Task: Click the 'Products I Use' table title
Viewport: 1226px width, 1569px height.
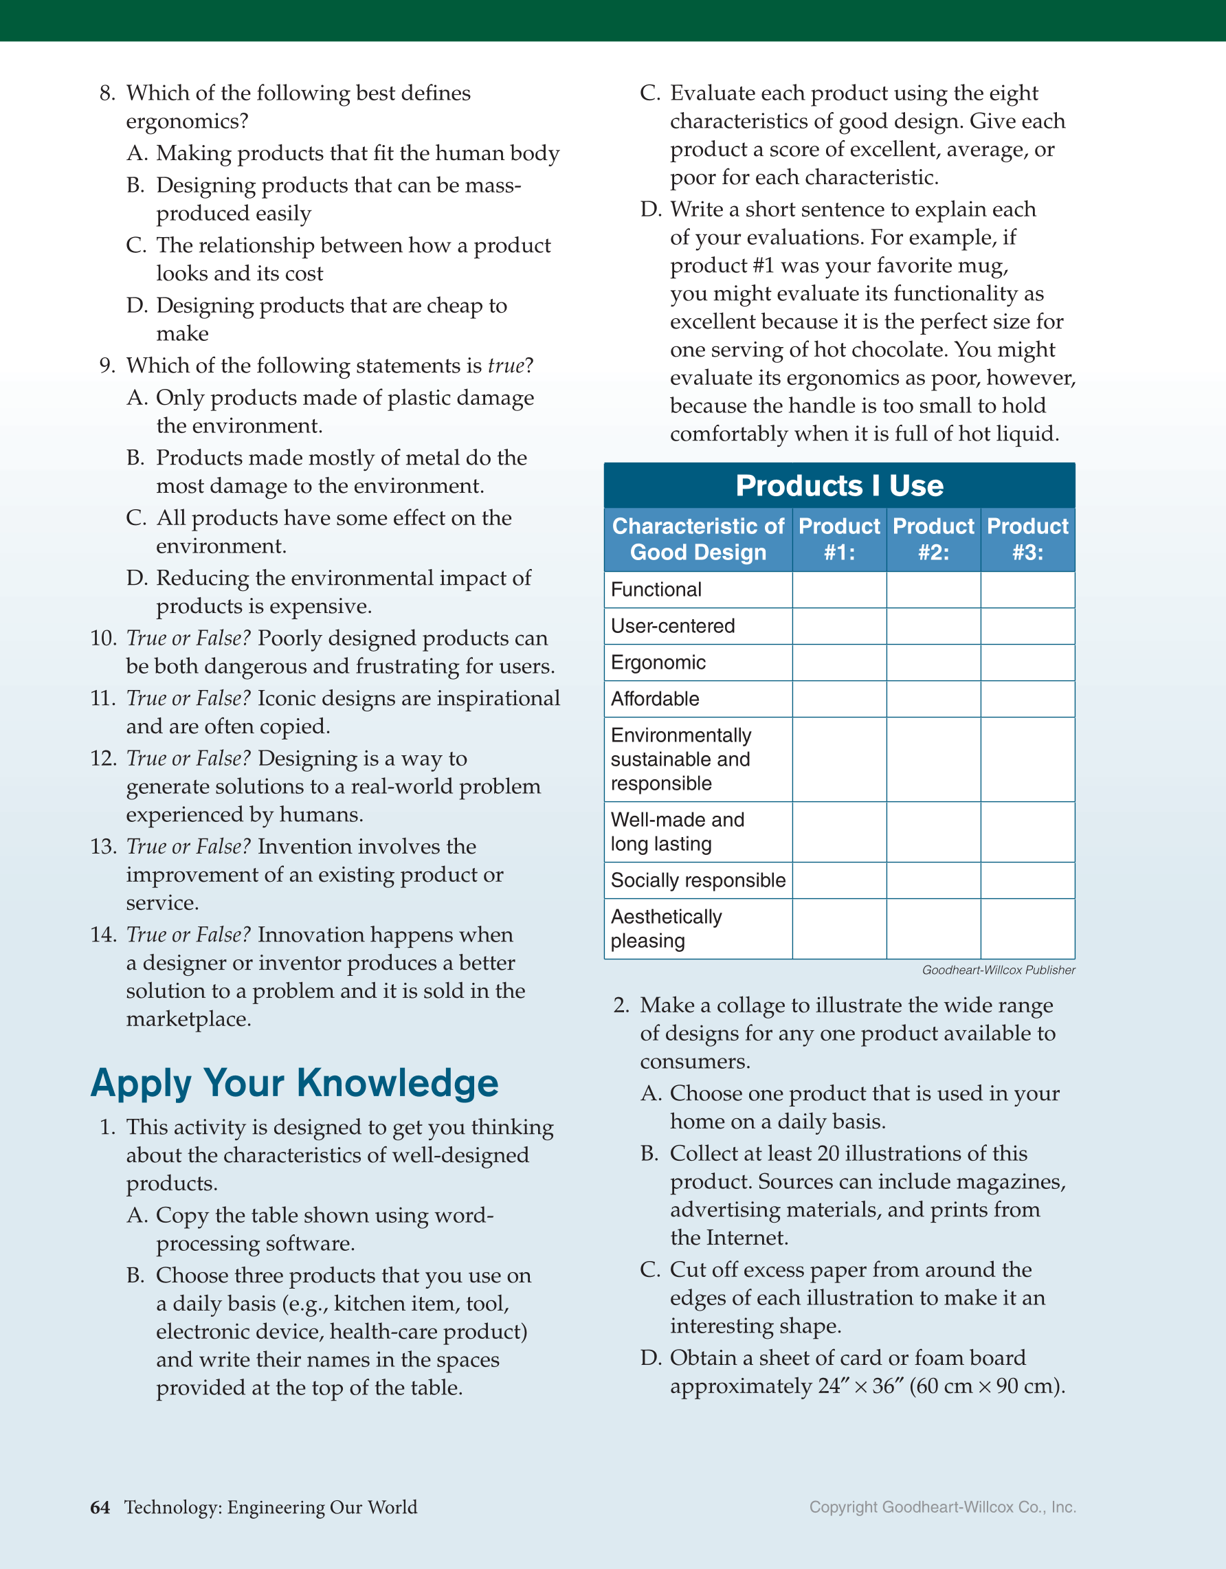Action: pos(839,486)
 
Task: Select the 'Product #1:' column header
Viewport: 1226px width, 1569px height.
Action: pos(839,539)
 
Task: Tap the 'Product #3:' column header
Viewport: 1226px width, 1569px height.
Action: pos(1027,539)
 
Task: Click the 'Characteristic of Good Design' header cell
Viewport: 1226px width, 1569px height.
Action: pos(698,539)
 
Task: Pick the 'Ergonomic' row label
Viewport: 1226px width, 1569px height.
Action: pos(658,663)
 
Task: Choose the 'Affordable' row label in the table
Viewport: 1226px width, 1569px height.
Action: pos(654,699)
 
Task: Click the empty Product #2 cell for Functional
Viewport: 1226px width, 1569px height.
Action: pos(933,590)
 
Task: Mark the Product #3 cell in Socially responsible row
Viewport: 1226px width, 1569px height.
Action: pos(1027,880)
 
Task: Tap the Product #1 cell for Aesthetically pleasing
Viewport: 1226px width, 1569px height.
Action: pos(839,928)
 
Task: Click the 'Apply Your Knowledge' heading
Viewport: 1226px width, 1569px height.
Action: pos(294,1083)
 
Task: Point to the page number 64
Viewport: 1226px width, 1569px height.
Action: pos(100,1507)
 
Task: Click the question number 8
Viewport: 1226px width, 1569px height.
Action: pos(107,93)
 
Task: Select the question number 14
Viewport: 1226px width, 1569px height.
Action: pos(102,935)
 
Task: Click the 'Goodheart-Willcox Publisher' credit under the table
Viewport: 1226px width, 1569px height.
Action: pos(998,970)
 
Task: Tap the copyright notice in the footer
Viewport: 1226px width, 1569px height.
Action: pos(942,1507)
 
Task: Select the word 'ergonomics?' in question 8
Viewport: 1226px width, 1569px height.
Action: pos(188,122)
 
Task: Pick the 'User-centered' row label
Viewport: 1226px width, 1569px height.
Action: pos(672,625)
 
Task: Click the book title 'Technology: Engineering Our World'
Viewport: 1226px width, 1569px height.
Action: pos(271,1507)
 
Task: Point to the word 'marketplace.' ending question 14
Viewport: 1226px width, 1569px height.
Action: pos(189,1019)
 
